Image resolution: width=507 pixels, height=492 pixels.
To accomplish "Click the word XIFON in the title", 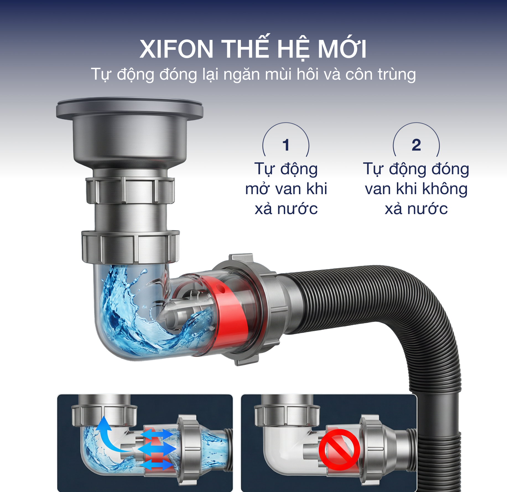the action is (x=176, y=49).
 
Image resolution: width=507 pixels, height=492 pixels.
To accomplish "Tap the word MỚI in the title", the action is (x=342, y=48).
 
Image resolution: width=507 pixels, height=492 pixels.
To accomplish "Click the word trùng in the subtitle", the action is (x=397, y=75).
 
